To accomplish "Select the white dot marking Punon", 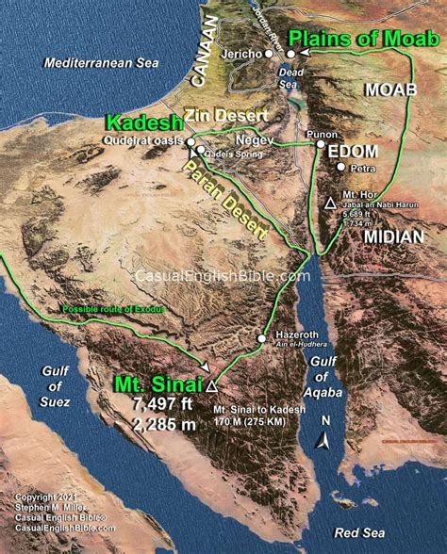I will tap(320, 145).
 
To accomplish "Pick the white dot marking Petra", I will tap(340, 168).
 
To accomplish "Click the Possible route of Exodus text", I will tap(114, 309).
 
